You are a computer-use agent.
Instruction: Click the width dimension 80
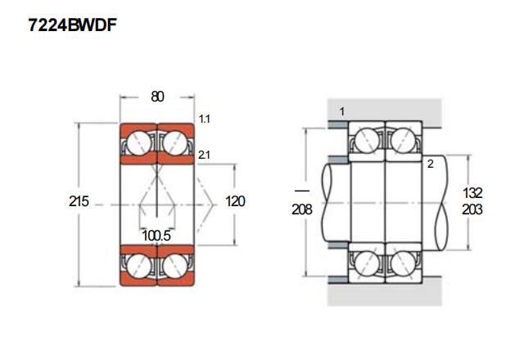pyautogui.click(x=157, y=97)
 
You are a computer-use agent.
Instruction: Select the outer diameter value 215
pyautogui.click(x=79, y=201)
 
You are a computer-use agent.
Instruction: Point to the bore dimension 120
pyautogui.click(x=235, y=201)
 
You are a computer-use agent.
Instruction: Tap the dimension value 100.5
pyautogui.click(x=156, y=236)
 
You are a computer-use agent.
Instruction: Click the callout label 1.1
pyautogui.click(x=205, y=119)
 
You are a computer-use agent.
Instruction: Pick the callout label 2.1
pyautogui.click(x=205, y=155)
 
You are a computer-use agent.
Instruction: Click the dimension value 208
pyautogui.click(x=302, y=209)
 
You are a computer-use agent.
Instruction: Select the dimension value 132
pyautogui.click(x=473, y=193)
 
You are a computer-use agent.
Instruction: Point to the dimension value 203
pyautogui.click(x=473, y=209)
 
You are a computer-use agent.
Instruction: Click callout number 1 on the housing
pyautogui.click(x=341, y=110)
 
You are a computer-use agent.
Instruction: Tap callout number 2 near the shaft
pyautogui.click(x=429, y=164)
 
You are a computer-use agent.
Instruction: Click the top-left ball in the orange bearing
pyautogui.click(x=138, y=143)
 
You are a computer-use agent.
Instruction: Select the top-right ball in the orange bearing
pyautogui.click(x=176, y=143)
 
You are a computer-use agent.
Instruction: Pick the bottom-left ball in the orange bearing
pyautogui.click(x=138, y=263)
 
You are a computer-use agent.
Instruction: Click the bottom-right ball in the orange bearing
pyautogui.click(x=176, y=263)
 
